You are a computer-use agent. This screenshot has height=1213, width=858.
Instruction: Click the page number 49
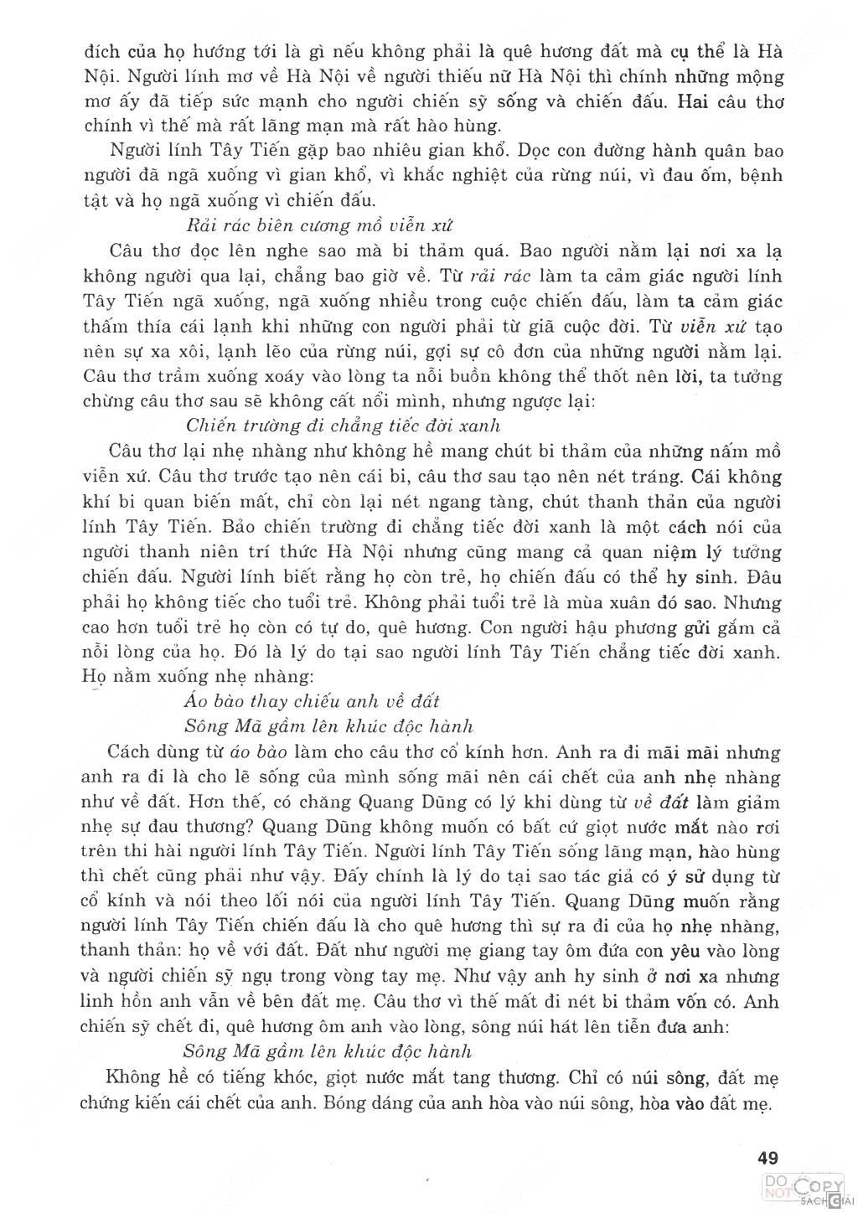[768, 1159]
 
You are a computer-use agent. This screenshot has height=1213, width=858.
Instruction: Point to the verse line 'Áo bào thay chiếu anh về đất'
[311, 700]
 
